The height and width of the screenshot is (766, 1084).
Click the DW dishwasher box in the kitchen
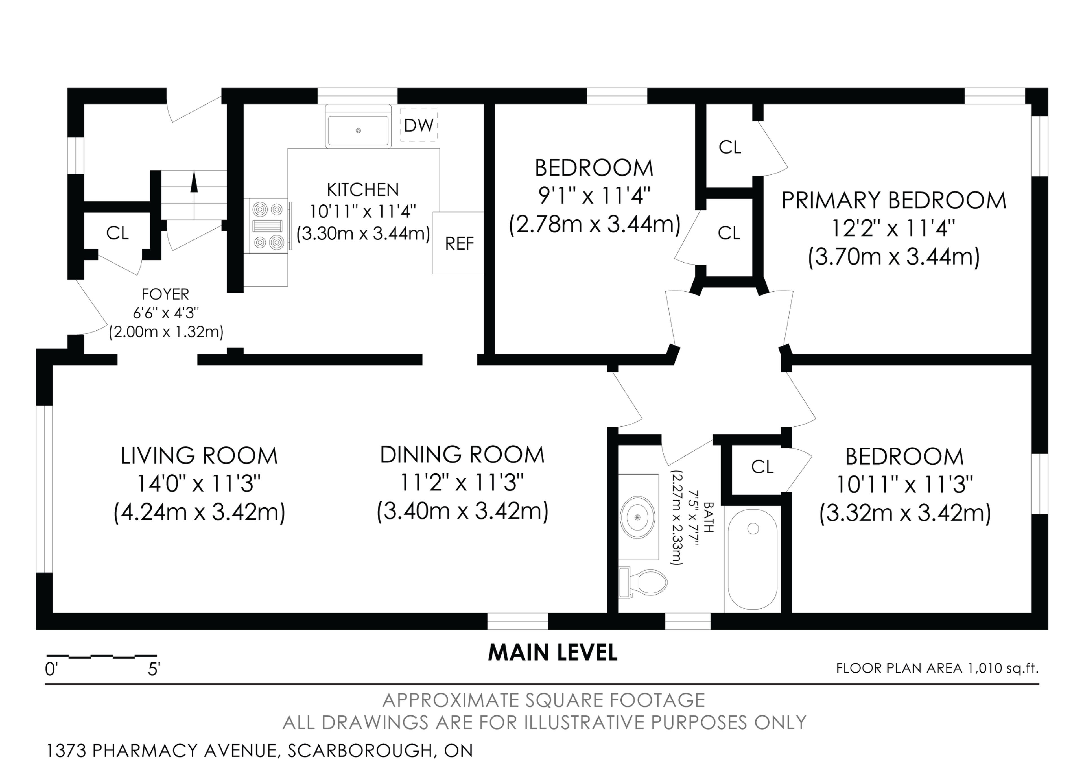pos(419,125)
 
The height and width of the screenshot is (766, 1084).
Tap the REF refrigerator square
pos(458,243)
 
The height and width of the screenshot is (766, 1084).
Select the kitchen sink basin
pos(358,130)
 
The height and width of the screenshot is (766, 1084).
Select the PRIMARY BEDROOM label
pos(894,200)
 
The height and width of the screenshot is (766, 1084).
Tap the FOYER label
pos(165,294)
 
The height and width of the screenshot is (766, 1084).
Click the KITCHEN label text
pos(363,190)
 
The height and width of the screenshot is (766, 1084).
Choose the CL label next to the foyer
pos(117,233)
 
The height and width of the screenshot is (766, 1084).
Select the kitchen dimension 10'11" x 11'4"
pos(363,211)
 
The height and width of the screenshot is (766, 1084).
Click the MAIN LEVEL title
pos(552,653)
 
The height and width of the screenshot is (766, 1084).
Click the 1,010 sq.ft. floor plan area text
pos(1003,668)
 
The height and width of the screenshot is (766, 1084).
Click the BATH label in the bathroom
pos(709,517)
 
